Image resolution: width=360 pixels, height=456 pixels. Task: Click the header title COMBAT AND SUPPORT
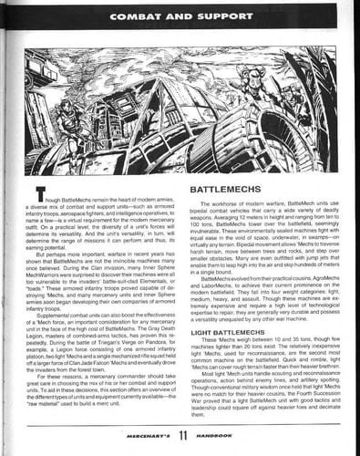(x=180, y=16)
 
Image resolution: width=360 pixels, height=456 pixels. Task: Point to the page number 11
(x=180, y=438)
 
